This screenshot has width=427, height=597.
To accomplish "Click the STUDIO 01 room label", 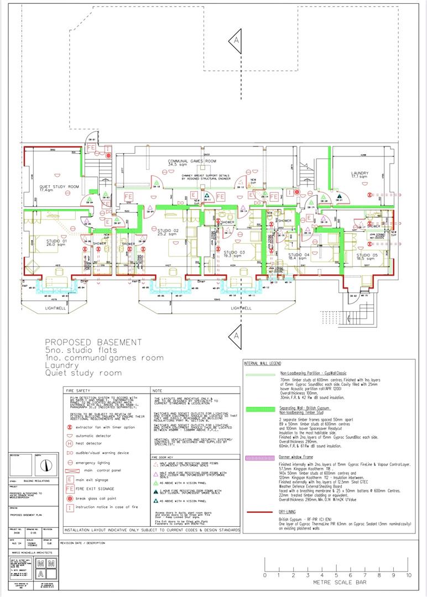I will (x=41, y=241).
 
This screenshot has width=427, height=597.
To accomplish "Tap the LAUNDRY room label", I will (x=360, y=175).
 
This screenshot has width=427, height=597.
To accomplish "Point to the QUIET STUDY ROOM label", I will (x=59, y=188).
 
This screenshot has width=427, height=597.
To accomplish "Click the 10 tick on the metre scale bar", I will (x=408, y=575).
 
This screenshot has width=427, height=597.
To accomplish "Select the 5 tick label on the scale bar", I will (x=337, y=575).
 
